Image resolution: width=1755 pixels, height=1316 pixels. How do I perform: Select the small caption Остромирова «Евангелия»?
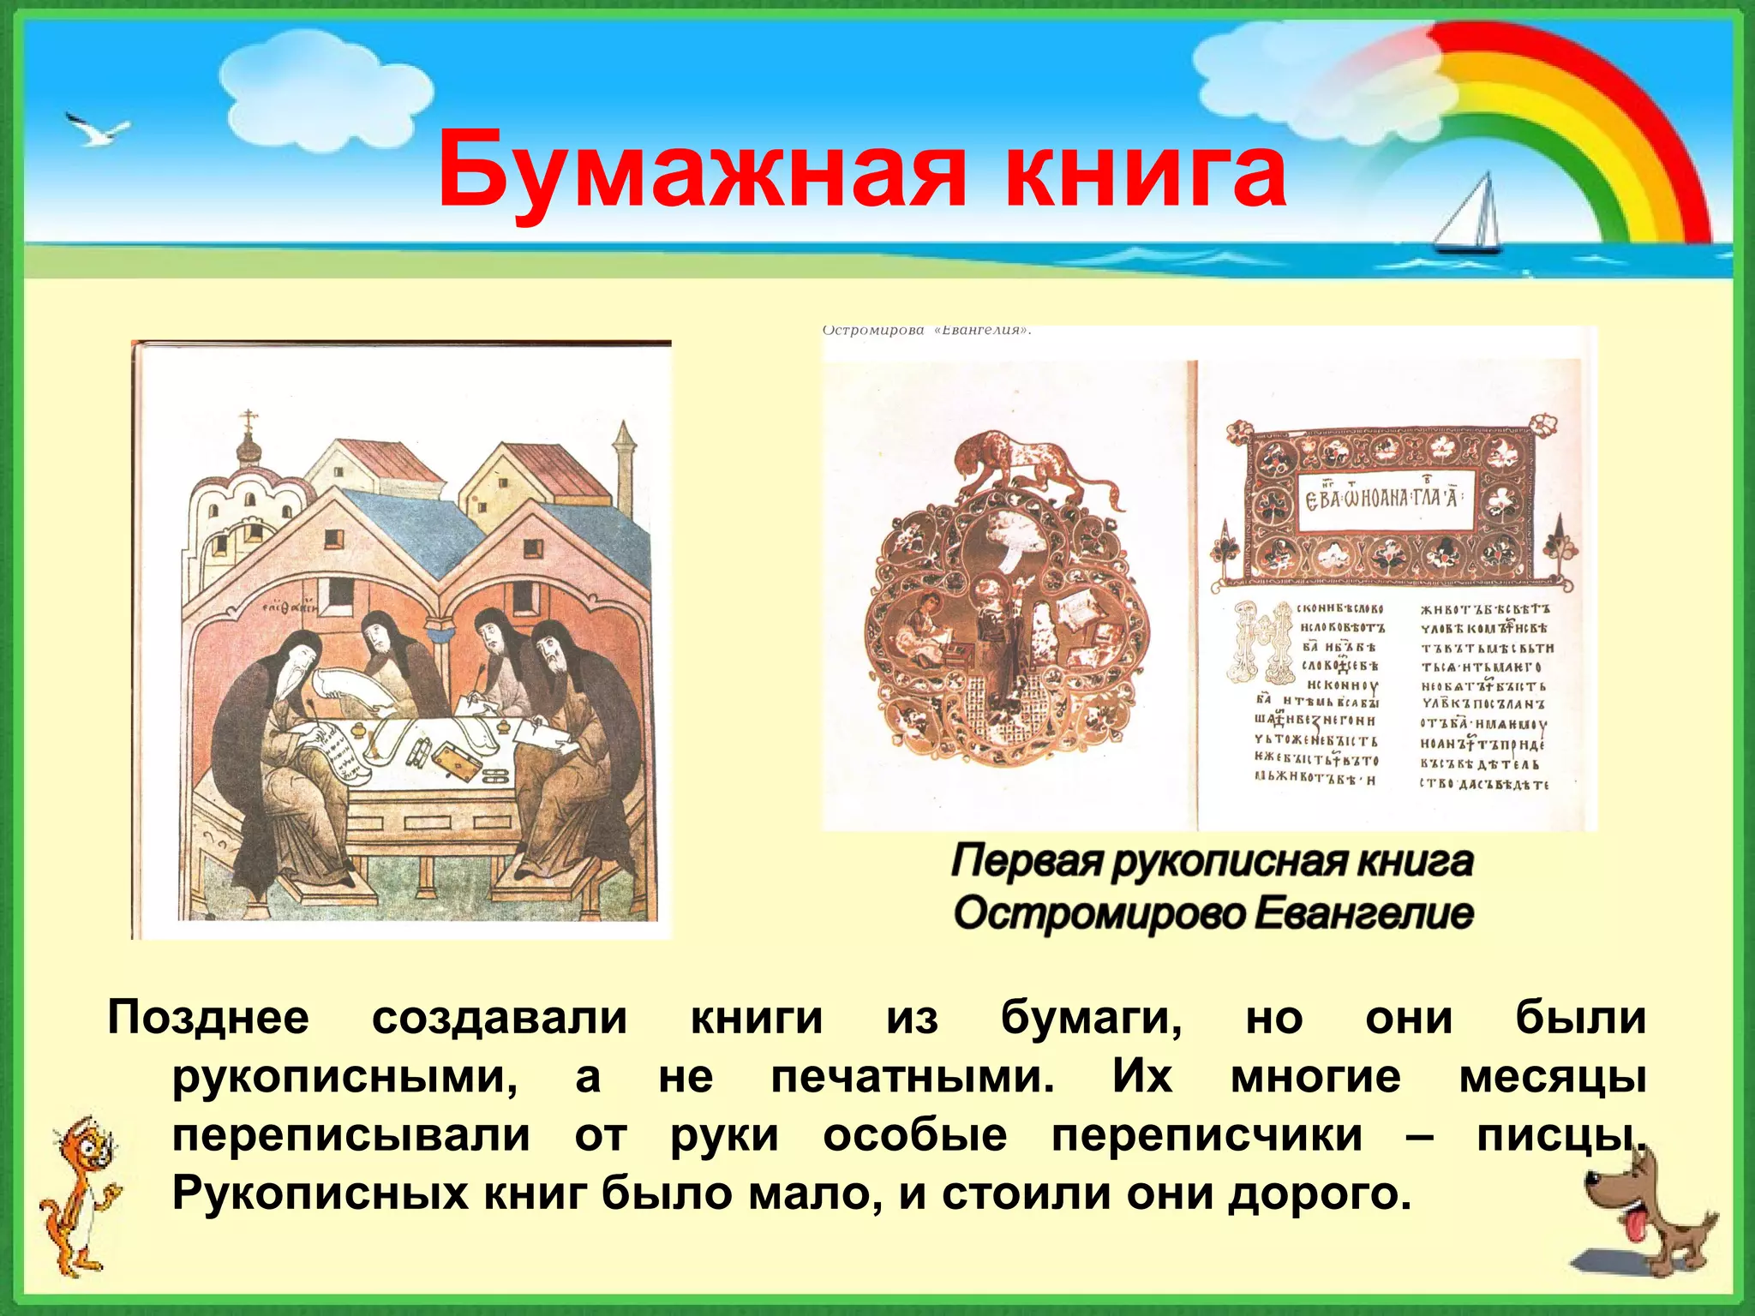pos(925,331)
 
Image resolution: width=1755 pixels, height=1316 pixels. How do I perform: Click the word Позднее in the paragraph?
pos(208,1018)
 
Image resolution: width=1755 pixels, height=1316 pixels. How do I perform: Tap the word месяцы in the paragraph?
pos(1552,1076)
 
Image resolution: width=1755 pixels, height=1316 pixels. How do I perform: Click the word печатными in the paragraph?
pos(913,1076)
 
